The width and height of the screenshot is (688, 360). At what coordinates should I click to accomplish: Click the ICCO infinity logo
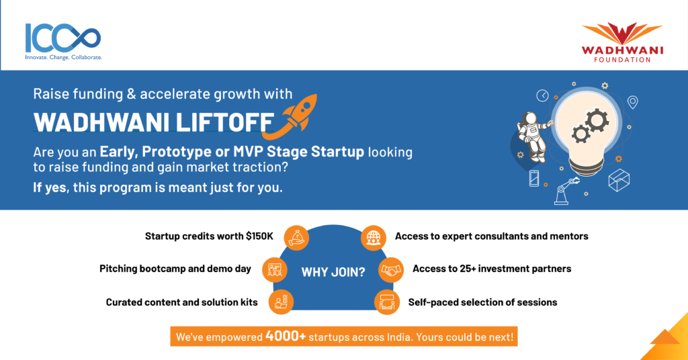coord(63,42)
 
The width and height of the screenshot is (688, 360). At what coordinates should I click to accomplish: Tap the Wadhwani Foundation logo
coord(622,42)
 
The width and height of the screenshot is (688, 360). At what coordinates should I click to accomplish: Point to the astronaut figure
coord(532,136)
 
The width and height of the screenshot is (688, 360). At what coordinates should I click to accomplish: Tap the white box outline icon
coord(619,180)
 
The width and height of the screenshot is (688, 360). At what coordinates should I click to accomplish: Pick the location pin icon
coord(632,102)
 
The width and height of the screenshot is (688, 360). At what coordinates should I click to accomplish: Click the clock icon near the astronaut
coord(542,95)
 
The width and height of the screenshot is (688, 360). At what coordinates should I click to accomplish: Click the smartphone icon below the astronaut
coord(534,179)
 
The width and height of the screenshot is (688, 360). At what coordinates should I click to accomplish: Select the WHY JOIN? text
coord(333,272)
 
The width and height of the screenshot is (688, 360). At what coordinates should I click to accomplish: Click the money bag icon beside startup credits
coord(296,238)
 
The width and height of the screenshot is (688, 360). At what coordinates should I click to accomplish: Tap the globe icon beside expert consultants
coord(374,238)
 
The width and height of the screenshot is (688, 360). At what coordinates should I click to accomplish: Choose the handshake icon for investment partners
coord(390,270)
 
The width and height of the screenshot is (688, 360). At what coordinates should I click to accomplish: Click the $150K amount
coord(259,236)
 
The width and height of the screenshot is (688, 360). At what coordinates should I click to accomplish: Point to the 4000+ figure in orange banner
coord(285,336)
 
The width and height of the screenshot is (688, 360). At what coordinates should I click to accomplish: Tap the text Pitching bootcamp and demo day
coord(175,269)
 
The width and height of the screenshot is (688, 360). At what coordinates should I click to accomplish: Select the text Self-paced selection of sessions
coord(482,302)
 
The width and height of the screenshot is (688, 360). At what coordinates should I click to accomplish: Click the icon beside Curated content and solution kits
coord(281,302)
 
